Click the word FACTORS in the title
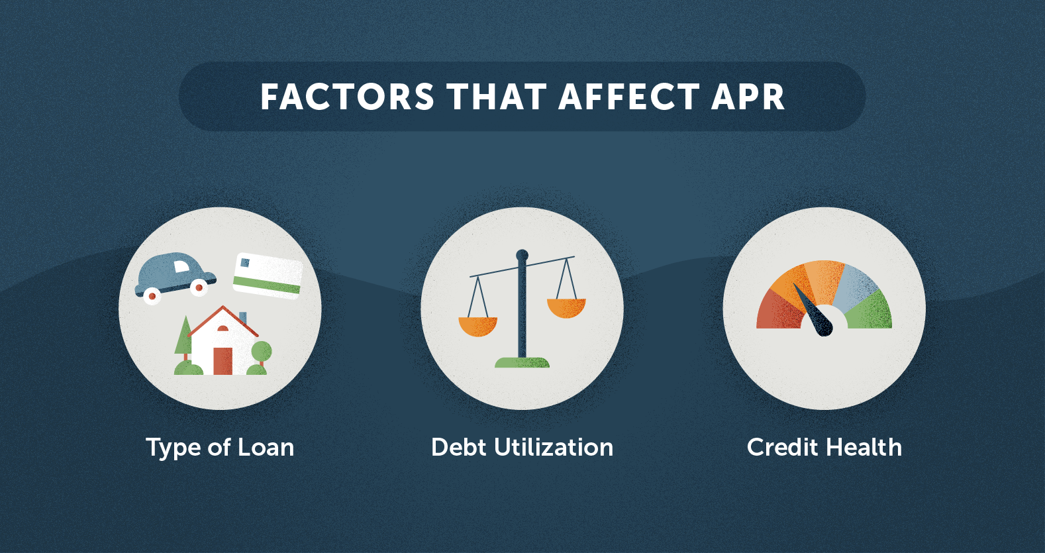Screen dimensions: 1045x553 pos(347,97)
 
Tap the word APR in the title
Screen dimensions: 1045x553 pos(748,97)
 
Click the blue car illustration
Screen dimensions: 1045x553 pos(175,278)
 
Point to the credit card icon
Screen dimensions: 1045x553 pos(268,276)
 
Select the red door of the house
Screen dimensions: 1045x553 pos(223,361)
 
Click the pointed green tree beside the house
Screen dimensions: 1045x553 pos(183,337)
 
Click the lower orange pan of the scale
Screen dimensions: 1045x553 pos(477,327)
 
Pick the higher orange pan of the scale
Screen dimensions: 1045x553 pos(566,308)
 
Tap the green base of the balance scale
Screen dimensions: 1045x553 pos(522,363)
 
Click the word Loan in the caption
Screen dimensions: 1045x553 pos(266,447)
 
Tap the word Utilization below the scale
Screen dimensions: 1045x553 pos(554,447)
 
